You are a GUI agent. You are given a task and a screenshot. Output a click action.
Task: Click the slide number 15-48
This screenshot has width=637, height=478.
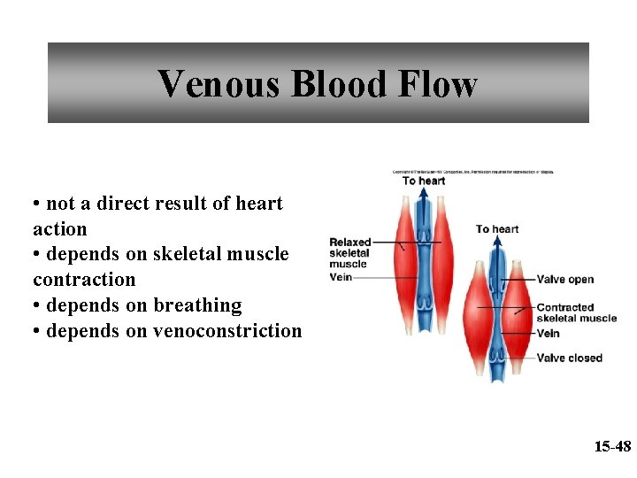611,447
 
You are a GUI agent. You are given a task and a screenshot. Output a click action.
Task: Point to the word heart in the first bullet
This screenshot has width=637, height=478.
258,204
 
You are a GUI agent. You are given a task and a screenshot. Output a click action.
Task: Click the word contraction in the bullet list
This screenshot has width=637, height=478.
84,280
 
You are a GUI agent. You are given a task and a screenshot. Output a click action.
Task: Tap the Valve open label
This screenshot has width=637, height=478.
564,280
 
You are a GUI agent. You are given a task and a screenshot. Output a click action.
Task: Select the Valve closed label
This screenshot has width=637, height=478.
569,358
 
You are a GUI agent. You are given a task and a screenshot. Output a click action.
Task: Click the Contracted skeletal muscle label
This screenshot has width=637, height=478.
576,313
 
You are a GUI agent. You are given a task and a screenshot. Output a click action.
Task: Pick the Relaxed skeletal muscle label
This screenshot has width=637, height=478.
349,252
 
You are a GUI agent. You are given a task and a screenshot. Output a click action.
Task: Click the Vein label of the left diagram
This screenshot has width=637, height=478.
341,277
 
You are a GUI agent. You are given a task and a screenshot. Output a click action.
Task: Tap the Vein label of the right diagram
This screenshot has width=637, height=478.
548,334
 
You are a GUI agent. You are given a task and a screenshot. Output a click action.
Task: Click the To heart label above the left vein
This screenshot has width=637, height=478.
424,181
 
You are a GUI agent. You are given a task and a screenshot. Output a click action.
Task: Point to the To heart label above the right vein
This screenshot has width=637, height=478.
497,229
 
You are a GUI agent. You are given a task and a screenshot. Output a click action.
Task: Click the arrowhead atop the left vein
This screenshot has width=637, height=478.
425,197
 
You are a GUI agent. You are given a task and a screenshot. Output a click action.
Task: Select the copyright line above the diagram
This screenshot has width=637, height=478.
473,172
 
